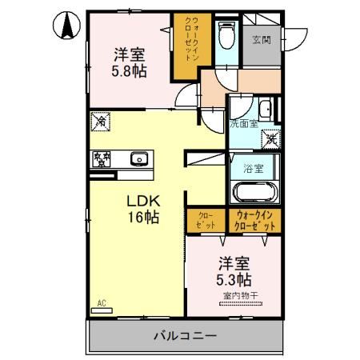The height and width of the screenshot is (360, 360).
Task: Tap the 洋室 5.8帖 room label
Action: pos(129,62)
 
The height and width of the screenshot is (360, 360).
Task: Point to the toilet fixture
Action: pos(226,35)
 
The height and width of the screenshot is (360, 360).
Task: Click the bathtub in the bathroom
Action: pos(254,194)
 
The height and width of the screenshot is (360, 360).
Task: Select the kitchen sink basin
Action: pos(138,158)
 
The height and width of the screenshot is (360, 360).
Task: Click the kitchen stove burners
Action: pos(102,158)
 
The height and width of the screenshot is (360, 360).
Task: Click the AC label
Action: pos(102,302)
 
